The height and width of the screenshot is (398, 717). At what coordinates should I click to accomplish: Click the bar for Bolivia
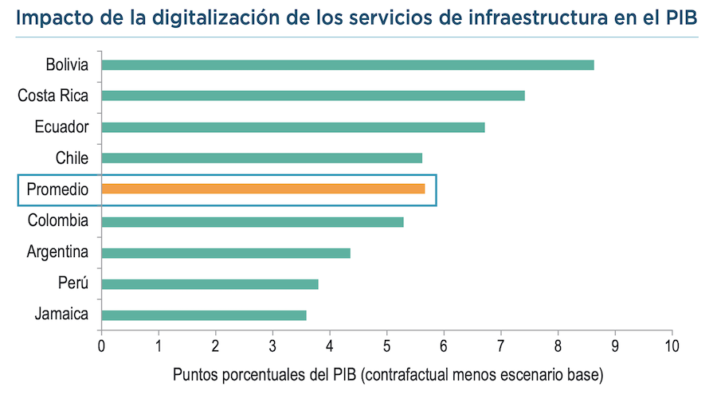347,64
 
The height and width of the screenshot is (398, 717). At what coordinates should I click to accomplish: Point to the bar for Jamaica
204,315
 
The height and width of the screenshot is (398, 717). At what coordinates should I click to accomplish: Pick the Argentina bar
225,253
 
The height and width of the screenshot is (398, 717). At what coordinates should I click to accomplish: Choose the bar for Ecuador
293,127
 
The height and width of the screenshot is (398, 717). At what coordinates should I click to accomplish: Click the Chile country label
72,158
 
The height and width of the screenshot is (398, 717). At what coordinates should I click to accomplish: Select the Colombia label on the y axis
57,220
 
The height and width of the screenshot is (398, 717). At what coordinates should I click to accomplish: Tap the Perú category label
72,284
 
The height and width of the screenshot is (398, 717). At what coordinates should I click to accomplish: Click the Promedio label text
57,189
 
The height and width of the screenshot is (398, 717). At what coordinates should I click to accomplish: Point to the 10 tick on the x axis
672,346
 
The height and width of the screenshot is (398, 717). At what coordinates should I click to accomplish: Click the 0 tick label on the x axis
101,346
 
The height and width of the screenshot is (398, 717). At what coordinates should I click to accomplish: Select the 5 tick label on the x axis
387,346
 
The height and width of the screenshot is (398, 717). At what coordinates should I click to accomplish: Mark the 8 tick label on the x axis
558,346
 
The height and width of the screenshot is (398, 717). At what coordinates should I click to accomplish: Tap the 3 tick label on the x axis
272,346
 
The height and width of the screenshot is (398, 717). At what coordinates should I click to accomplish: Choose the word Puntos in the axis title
194,373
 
